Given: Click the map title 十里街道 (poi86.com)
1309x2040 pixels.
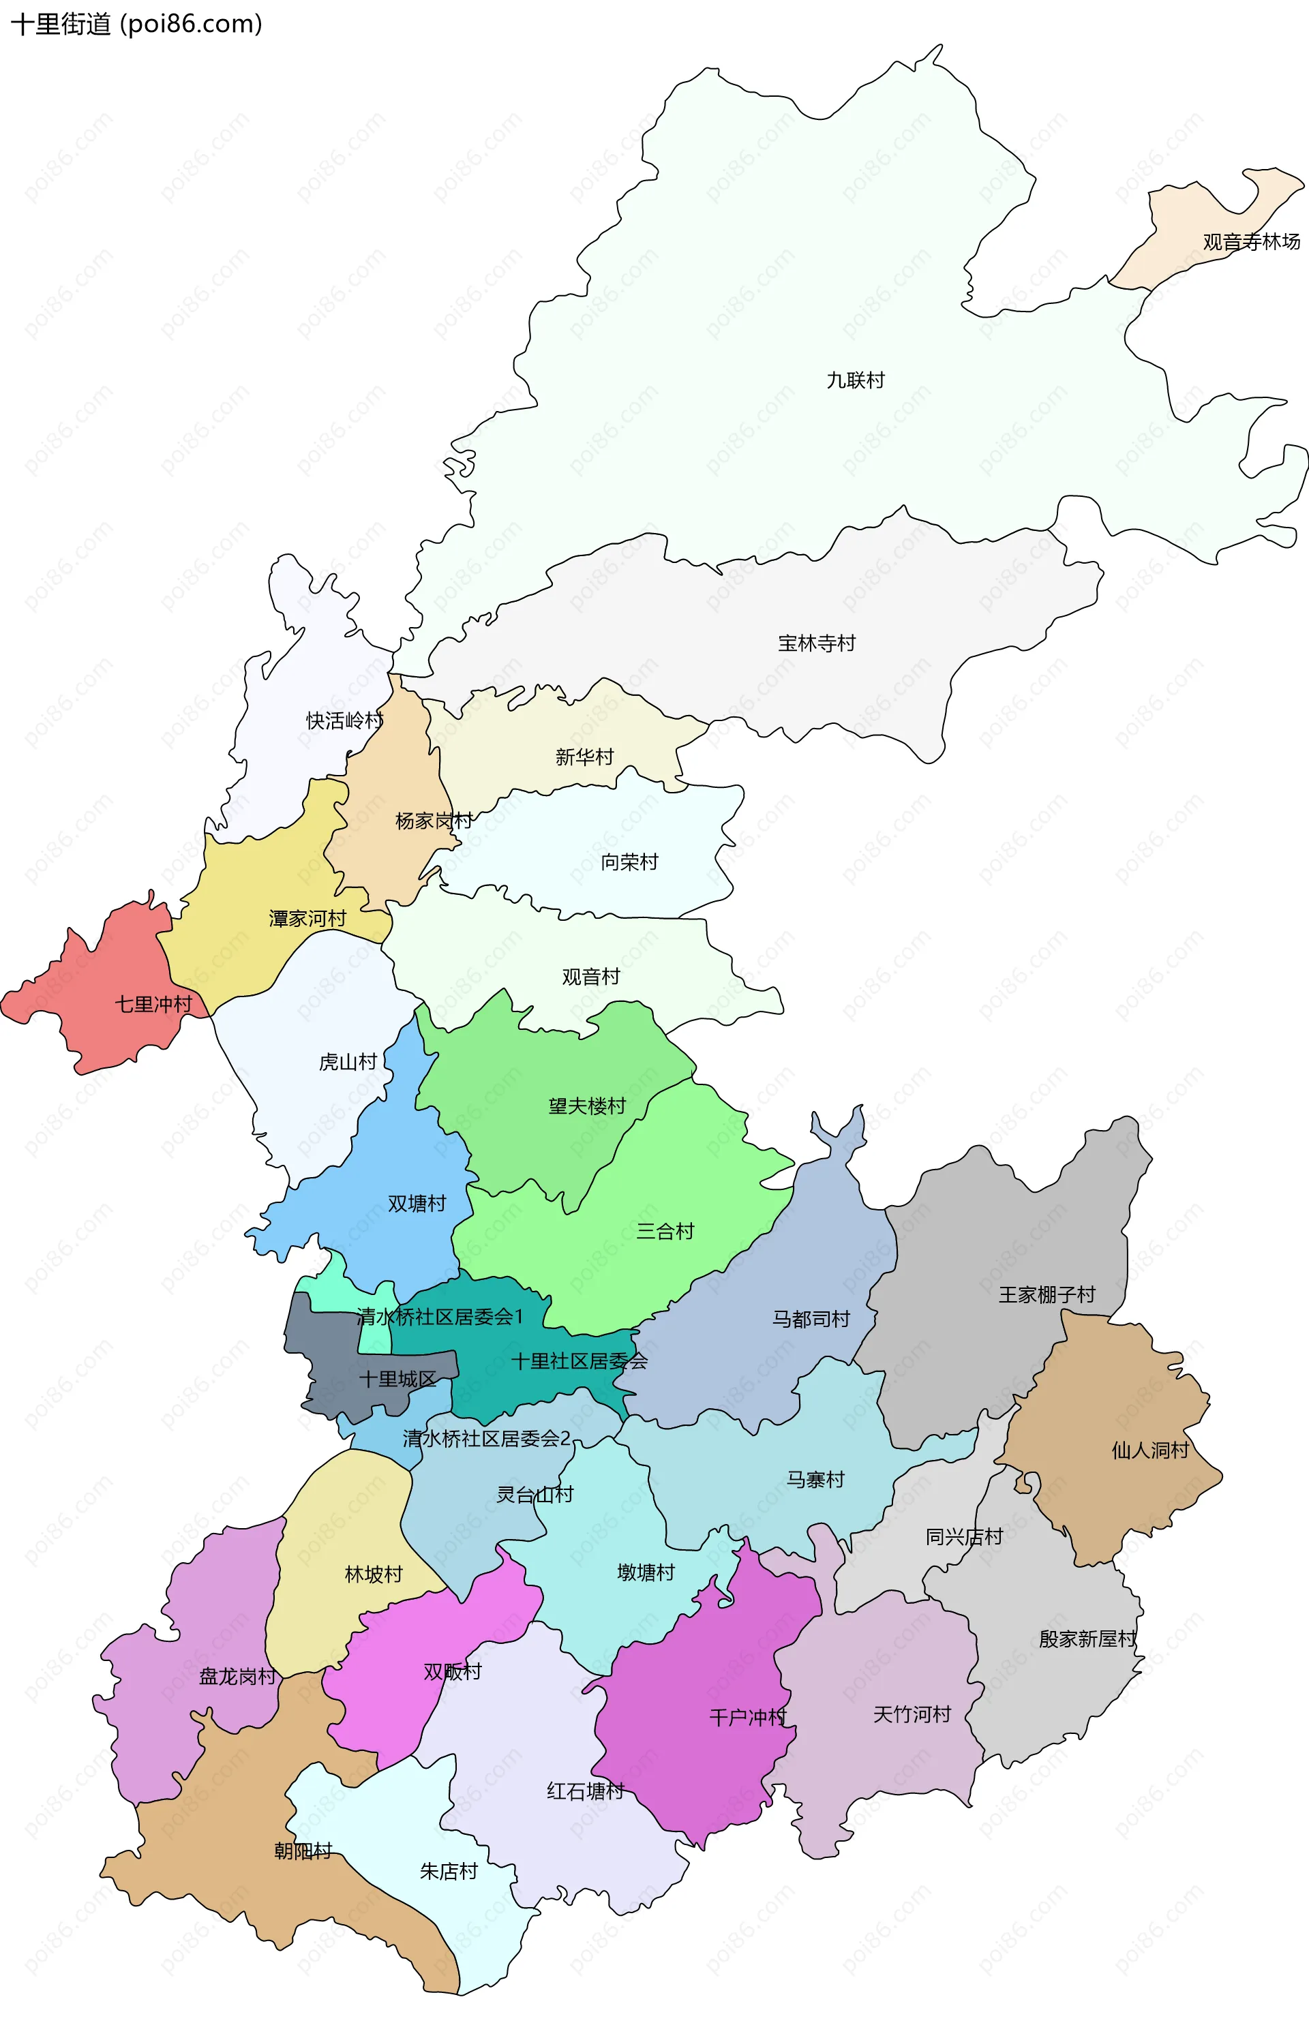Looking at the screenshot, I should coord(136,24).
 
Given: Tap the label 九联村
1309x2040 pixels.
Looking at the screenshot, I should coord(855,380).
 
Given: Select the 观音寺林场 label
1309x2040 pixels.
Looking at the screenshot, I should coord(1250,242).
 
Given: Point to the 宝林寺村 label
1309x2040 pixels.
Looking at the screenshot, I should coord(816,643).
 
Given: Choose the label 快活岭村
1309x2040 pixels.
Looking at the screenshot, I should coord(344,720).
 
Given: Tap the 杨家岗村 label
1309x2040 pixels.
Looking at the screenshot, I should coord(434,821).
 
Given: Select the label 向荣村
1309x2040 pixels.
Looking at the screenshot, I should coord(629,862).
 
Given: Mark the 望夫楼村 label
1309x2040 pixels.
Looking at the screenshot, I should coord(586,1106).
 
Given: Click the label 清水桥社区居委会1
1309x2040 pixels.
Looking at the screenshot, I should coord(440,1316).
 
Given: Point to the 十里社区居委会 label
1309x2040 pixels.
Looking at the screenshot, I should coord(579,1360).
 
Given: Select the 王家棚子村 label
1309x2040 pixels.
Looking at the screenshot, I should coord(1047,1294).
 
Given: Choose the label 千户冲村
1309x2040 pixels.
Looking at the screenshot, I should coord(748,1717).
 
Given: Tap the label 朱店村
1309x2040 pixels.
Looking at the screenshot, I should coord(448,1871).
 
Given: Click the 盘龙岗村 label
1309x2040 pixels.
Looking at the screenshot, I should coord(237,1676).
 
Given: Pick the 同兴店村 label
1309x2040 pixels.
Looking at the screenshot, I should coord(964,1536).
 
